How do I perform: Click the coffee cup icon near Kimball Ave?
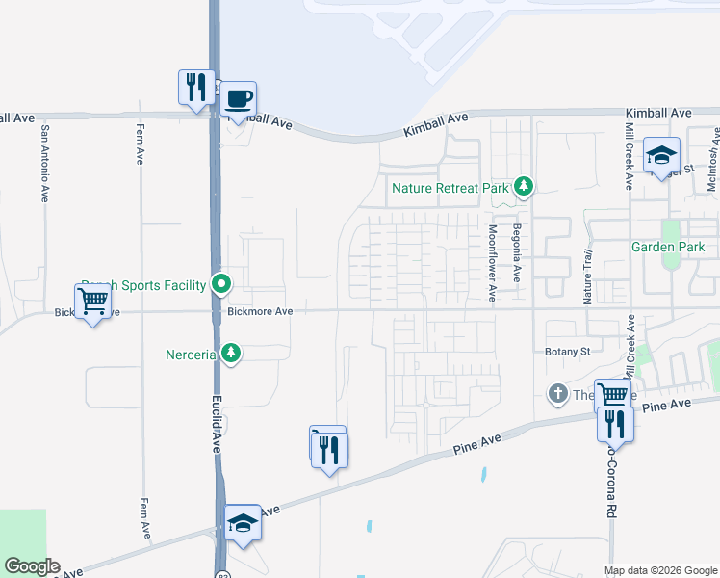[x=240, y=97]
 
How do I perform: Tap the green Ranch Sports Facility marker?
[x=221, y=284]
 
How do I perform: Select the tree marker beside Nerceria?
[x=230, y=354]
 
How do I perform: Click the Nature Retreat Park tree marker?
[x=523, y=186]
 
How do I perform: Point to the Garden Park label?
[x=668, y=247]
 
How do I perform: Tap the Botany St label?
[x=567, y=352]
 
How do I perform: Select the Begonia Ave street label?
[x=517, y=254]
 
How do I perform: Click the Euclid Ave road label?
[x=218, y=423]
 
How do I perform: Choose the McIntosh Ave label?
[x=712, y=159]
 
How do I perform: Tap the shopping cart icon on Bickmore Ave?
[x=92, y=302]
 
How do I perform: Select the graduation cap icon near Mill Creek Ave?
[x=661, y=155]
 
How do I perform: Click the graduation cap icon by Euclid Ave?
[x=243, y=523]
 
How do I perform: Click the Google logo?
[x=32, y=567]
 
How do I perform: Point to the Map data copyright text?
[x=659, y=570]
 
